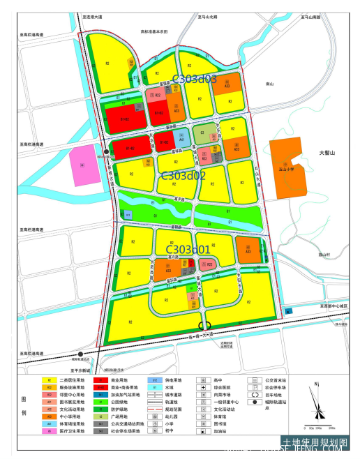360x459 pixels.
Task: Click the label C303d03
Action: (194, 80)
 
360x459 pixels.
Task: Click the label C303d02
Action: (183, 176)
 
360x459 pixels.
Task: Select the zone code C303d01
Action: (187, 249)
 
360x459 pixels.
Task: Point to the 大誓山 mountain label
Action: (327, 153)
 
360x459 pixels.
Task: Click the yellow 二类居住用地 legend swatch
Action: (48, 381)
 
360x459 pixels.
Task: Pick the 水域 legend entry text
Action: (170, 388)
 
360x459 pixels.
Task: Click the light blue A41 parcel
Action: (181, 140)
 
